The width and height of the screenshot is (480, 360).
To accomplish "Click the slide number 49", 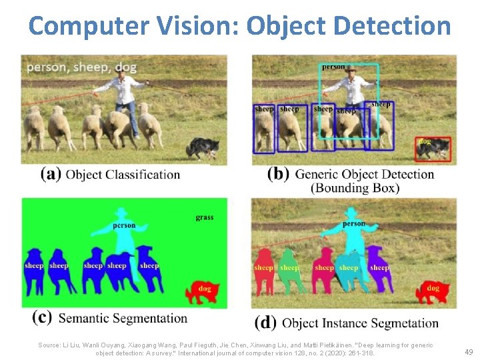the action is [468, 351].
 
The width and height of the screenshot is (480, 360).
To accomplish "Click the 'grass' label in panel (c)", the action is [204, 217].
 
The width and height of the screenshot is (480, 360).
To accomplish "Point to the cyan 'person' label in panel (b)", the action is [333, 67].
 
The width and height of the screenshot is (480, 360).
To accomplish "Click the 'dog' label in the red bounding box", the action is [425, 141].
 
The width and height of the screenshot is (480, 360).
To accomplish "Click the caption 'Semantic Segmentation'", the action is [123, 318].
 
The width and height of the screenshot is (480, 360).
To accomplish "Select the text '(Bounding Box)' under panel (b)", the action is [355, 188].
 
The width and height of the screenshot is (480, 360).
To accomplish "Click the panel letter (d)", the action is [265, 323].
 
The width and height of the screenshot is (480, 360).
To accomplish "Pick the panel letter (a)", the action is [51, 175].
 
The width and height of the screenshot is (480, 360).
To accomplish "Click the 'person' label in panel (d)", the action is [353, 224].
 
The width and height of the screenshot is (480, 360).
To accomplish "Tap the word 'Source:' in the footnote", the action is [49, 345].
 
